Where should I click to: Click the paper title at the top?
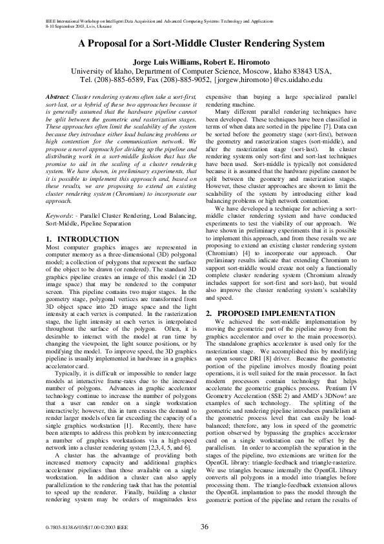pyautogui.click(x=192, y=44)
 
